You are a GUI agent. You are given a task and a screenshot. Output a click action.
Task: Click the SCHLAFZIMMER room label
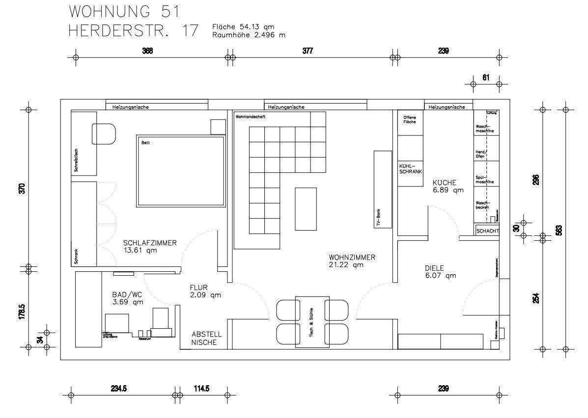click(x=149, y=246)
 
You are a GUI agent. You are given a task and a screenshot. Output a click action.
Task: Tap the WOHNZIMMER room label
click(x=352, y=261)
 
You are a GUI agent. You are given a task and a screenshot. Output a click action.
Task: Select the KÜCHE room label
click(x=448, y=185)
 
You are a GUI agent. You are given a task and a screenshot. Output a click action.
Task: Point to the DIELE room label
click(x=440, y=272)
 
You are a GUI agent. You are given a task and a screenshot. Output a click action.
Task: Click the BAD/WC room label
click(x=128, y=298)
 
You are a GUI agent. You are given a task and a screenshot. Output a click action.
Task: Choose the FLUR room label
click(x=205, y=291)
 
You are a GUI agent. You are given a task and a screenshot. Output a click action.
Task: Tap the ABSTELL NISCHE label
click(x=206, y=339)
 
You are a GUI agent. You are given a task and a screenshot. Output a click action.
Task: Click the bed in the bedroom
click(x=180, y=171)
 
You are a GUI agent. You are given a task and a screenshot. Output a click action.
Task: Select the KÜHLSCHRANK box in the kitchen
click(x=410, y=168)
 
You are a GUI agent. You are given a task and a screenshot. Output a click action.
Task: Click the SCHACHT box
click(x=487, y=231)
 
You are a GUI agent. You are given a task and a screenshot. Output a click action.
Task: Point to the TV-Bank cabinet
click(x=383, y=189)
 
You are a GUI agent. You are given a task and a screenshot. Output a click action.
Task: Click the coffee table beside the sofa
click(x=306, y=209)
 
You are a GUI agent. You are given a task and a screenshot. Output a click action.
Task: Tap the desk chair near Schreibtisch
click(x=103, y=133)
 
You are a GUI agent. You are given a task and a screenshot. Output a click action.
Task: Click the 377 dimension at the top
click(x=308, y=51)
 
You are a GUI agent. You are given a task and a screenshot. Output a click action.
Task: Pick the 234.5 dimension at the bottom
click(x=119, y=388)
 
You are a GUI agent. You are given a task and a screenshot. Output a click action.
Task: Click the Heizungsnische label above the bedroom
click(x=131, y=106)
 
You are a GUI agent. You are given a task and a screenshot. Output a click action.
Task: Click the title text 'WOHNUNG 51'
click(x=124, y=11)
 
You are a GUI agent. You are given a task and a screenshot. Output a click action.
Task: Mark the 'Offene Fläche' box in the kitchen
click(x=410, y=120)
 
